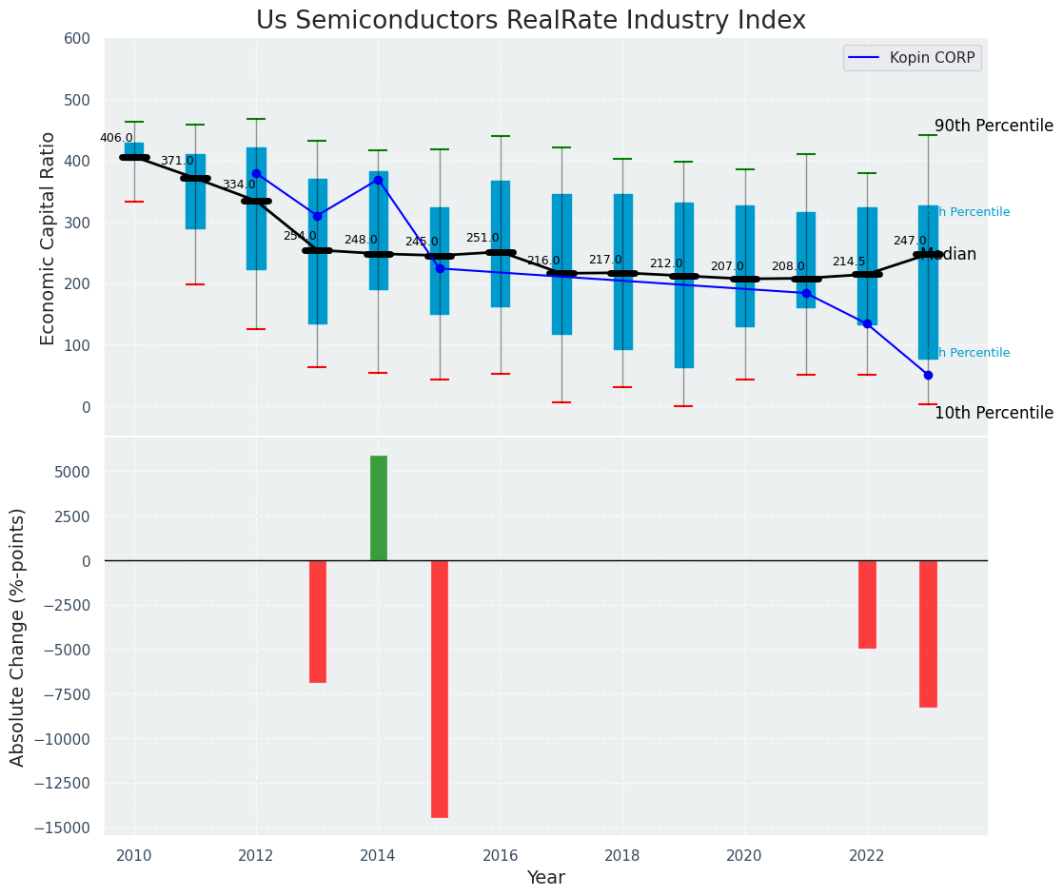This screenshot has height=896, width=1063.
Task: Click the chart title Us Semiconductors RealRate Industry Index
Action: (531, 21)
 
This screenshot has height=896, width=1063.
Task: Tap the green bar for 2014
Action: (379, 508)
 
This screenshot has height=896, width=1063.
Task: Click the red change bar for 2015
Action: (440, 689)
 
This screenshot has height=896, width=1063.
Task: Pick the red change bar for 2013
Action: (318, 621)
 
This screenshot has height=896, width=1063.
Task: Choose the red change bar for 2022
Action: (867, 604)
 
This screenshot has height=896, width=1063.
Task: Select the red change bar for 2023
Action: (928, 633)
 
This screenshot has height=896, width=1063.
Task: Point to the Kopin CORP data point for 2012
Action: (256, 174)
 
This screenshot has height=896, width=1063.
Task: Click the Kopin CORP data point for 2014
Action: (379, 180)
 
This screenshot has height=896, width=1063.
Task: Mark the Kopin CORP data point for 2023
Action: (928, 375)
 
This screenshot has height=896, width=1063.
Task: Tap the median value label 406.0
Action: (116, 138)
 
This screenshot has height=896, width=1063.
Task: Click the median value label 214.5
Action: (849, 262)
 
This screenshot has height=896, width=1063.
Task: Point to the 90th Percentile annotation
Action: (994, 127)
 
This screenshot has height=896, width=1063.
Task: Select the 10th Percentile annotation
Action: (994, 414)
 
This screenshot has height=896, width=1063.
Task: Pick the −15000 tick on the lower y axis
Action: (63, 828)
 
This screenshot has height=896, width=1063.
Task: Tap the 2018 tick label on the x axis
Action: (622, 856)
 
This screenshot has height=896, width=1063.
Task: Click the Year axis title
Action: (546, 878)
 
